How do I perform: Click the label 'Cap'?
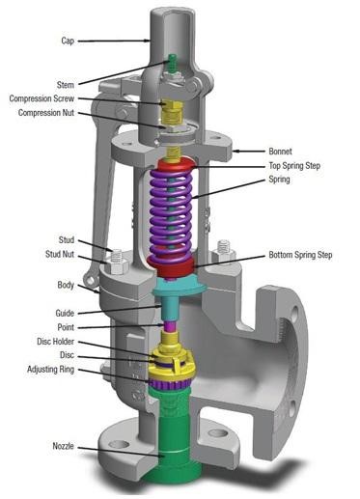click(69, 42)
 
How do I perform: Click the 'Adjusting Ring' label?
click(50, 370)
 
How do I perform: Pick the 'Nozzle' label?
click(60, 446)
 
